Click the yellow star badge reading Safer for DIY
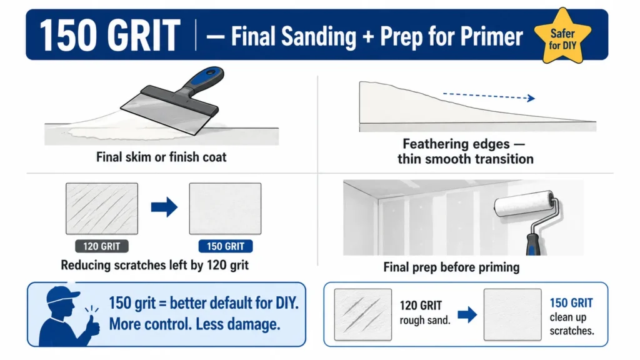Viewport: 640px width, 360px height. [562, 37]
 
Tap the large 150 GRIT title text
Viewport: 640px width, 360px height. [110, 36]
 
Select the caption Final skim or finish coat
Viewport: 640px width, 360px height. [161, 157]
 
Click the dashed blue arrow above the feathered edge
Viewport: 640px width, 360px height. [489, 96]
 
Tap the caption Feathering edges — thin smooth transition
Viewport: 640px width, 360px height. [466, 151]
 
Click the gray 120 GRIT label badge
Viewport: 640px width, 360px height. [102, 246]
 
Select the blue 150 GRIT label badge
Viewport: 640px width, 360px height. [225, 246]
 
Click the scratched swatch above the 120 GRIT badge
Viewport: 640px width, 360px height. [102, 209]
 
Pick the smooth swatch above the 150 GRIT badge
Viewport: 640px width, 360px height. [225, 209]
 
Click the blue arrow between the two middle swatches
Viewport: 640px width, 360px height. [164, 207]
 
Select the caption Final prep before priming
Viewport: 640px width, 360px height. [451, 267]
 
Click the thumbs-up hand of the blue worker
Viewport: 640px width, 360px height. [93, 324]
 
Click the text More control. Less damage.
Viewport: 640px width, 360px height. [194, 324]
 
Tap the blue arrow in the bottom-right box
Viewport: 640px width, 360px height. [467, 315]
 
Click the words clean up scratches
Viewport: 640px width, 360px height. [571, 324]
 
